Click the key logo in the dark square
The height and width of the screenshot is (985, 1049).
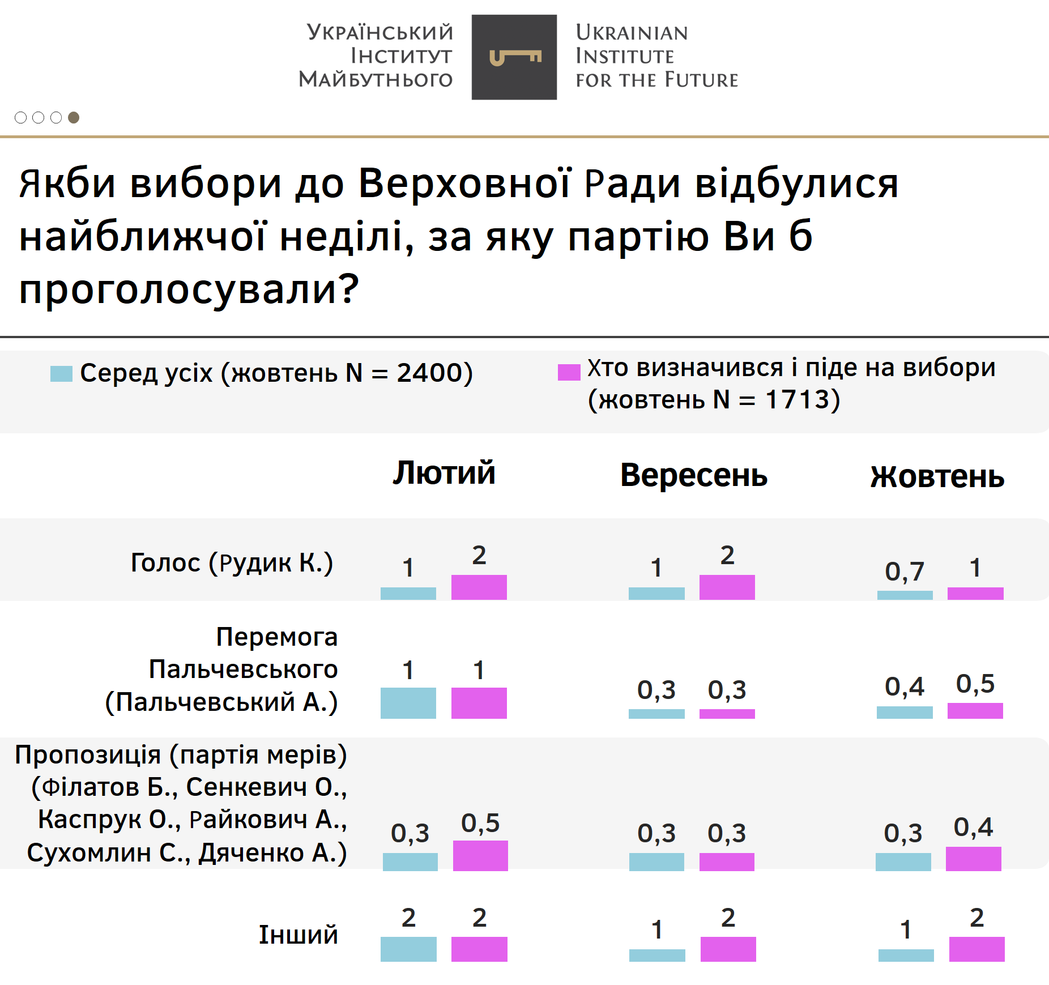tap(515, 57)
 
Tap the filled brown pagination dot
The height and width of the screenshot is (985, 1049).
tap(74, 117)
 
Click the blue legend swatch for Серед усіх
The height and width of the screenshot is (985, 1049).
tap(61, 374)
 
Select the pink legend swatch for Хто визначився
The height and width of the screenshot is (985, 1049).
tap(569, 372)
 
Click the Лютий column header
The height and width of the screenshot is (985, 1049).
tap(444, 473)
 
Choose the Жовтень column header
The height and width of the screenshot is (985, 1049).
tap(937, 476)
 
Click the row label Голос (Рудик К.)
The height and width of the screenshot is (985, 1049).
tap(232, 562)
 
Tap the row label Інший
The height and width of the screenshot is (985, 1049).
tap(298, 935)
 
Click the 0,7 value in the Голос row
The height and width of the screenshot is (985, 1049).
tap(905, 571)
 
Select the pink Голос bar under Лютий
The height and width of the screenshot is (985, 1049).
tap(479, 587)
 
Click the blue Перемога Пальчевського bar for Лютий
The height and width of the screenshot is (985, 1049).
tap(408, 703)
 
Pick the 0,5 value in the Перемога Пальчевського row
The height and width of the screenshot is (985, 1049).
tap(975, 684)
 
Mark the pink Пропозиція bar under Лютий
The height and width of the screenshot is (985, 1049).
tap(480, 855)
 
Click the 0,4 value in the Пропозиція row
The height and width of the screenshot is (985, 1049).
tap(973, 827)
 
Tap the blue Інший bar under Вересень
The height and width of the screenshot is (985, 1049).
tap(657, 956)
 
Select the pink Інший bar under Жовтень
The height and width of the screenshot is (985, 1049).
tap(976, 949)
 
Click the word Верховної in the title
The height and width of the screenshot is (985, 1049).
tap(464, 184)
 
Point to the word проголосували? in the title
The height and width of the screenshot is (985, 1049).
tap(189, 288)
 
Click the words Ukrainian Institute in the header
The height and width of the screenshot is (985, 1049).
tap(632, 44)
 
